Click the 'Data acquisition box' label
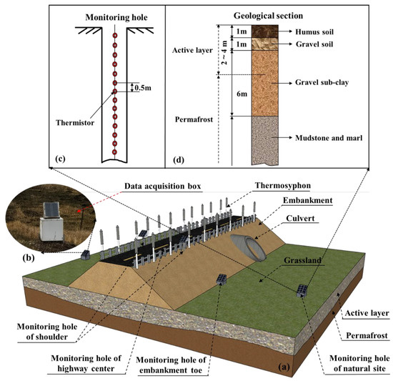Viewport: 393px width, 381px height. tap(152, 186)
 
